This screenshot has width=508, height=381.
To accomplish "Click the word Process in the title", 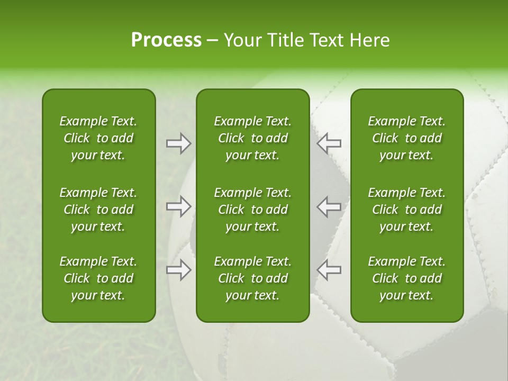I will click(166, 40).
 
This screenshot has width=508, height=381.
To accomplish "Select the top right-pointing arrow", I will click(179, 143).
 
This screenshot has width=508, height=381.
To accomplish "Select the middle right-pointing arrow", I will click(179, 207).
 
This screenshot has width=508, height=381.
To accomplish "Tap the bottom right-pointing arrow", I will click(179, 270).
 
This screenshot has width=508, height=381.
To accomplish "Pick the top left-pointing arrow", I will click(329, 143).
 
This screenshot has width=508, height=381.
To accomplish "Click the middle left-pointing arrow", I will click(329, 207).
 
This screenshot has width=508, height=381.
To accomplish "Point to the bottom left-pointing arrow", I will click(329, 270).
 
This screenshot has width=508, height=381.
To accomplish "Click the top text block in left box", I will click(98, 138).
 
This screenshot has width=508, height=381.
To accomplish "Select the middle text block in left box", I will click(98, 210).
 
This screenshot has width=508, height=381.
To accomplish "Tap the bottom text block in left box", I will click(98, 278).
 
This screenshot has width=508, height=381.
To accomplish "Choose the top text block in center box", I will click(252, 138).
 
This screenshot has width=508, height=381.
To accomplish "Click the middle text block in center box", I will click(252, 210).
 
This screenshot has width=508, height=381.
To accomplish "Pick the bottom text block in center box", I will click(252, 278).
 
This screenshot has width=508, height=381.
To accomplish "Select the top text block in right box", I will click(406, 138).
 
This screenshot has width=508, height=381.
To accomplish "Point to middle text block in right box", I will click(406, 210).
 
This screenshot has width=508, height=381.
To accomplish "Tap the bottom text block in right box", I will click(406, 278).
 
